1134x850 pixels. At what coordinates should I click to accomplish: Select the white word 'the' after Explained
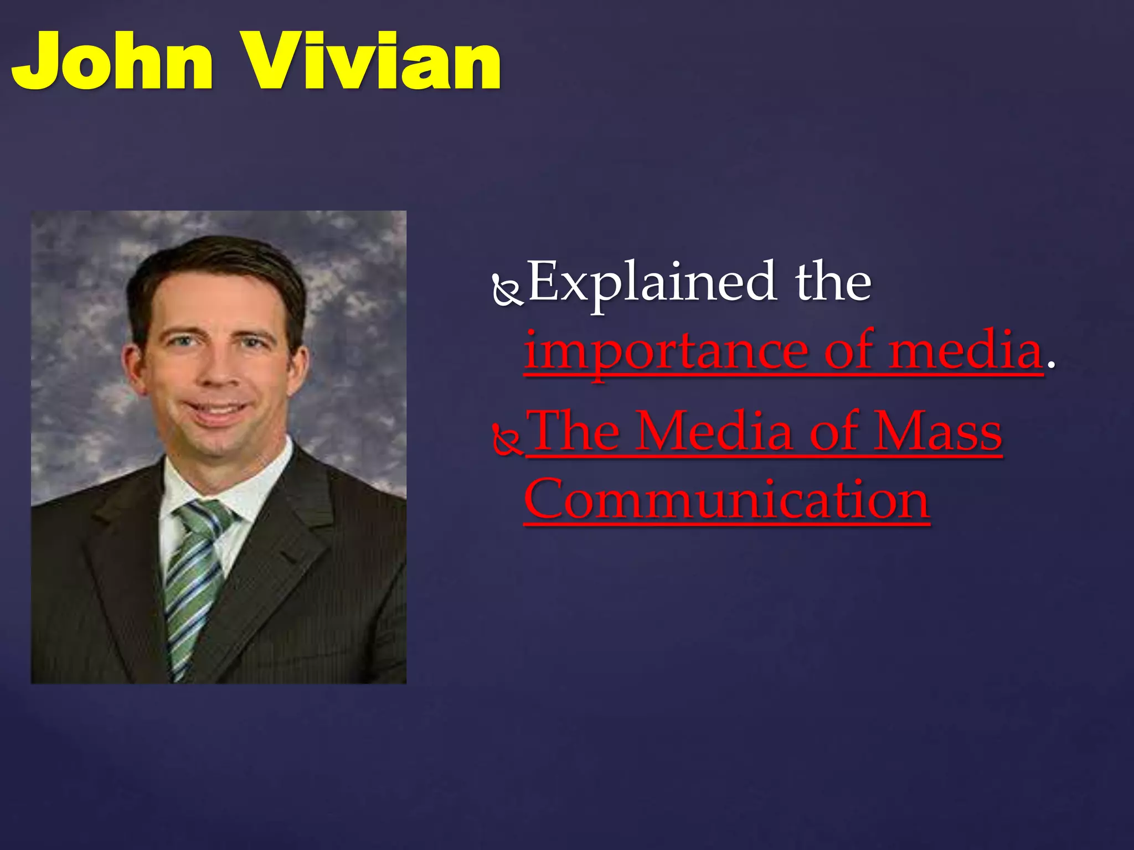tap(833, 282)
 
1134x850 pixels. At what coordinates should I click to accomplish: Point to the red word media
tap(966, 351)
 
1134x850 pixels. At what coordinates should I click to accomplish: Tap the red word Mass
tap(938, 432)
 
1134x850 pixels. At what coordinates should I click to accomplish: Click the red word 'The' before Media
tap(574, 432)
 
